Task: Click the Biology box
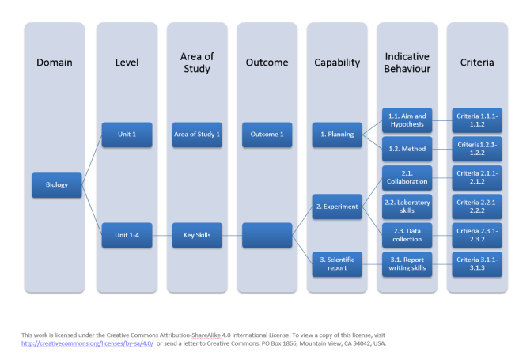click(56, 185)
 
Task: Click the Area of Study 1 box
click(196, 135)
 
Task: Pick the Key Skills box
click(196, 235)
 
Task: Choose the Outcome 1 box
click(267, 135)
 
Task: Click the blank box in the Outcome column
click(267, 235)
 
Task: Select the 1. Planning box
click(336, 135)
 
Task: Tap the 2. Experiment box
click(336, 207)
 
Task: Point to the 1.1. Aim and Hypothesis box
click(407, 120)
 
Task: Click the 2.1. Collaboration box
click(407, 177)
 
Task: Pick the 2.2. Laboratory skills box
click(407, 207)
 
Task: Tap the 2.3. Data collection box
click(407, 235)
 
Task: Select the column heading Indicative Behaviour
click(407, 63)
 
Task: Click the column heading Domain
click(55, 63)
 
